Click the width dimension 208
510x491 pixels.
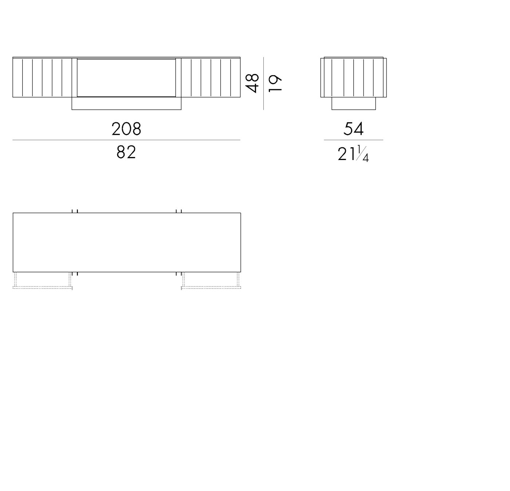pos(126,129)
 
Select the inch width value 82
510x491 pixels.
pos(126,152)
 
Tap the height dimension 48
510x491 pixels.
pos(252,83)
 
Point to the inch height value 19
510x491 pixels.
pos(275,83)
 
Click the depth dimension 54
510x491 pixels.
pos(353,129)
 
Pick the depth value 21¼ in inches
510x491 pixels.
pos(353,154)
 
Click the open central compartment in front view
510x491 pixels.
pos(126,78)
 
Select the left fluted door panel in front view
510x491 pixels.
pos(42,77)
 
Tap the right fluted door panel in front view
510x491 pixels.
pos(211,77)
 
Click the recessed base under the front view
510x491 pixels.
pos(126,104)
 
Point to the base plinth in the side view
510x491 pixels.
pos(353,104)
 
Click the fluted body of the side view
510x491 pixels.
pos(353,77)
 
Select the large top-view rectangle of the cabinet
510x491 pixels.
pos(126,242)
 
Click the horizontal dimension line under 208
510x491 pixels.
pos(126,140)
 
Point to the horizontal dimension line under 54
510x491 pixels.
pos(353,140)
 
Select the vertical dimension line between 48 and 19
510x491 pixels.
pos(263,83)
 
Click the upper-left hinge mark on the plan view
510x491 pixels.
pos(75,211)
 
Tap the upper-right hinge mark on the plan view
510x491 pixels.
pos(178,211)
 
